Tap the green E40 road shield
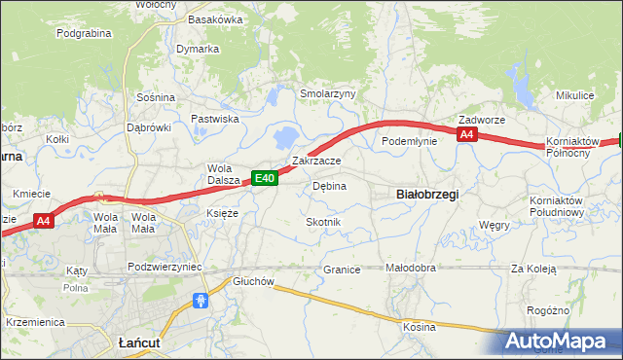pyautogui.click(x=266, y=177)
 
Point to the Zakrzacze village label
pyautogui.click(x=316, y=161)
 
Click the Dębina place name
pyautogui.click(x=329, y=185)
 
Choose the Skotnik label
pyautogui.click(x=323, y=222)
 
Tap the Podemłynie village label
pyautogui.click(x=409, y=141)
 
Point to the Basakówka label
pyautogui.click(x=215, y=18)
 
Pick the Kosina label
pyautogui.click(x=420, y=327)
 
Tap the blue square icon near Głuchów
pyautogui.click(x=201, y=301)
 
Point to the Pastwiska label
pyautogui.click(x=215, y=119)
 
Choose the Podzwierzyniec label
pyautogui.click(x=165, y=267)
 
